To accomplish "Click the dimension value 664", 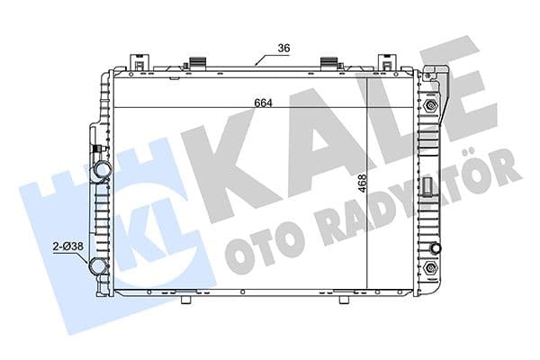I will point(263,102).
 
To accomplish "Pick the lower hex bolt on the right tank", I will point(432,269).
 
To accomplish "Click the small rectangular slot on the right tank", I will point(430,187).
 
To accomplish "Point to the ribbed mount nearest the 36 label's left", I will point(193,65).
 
